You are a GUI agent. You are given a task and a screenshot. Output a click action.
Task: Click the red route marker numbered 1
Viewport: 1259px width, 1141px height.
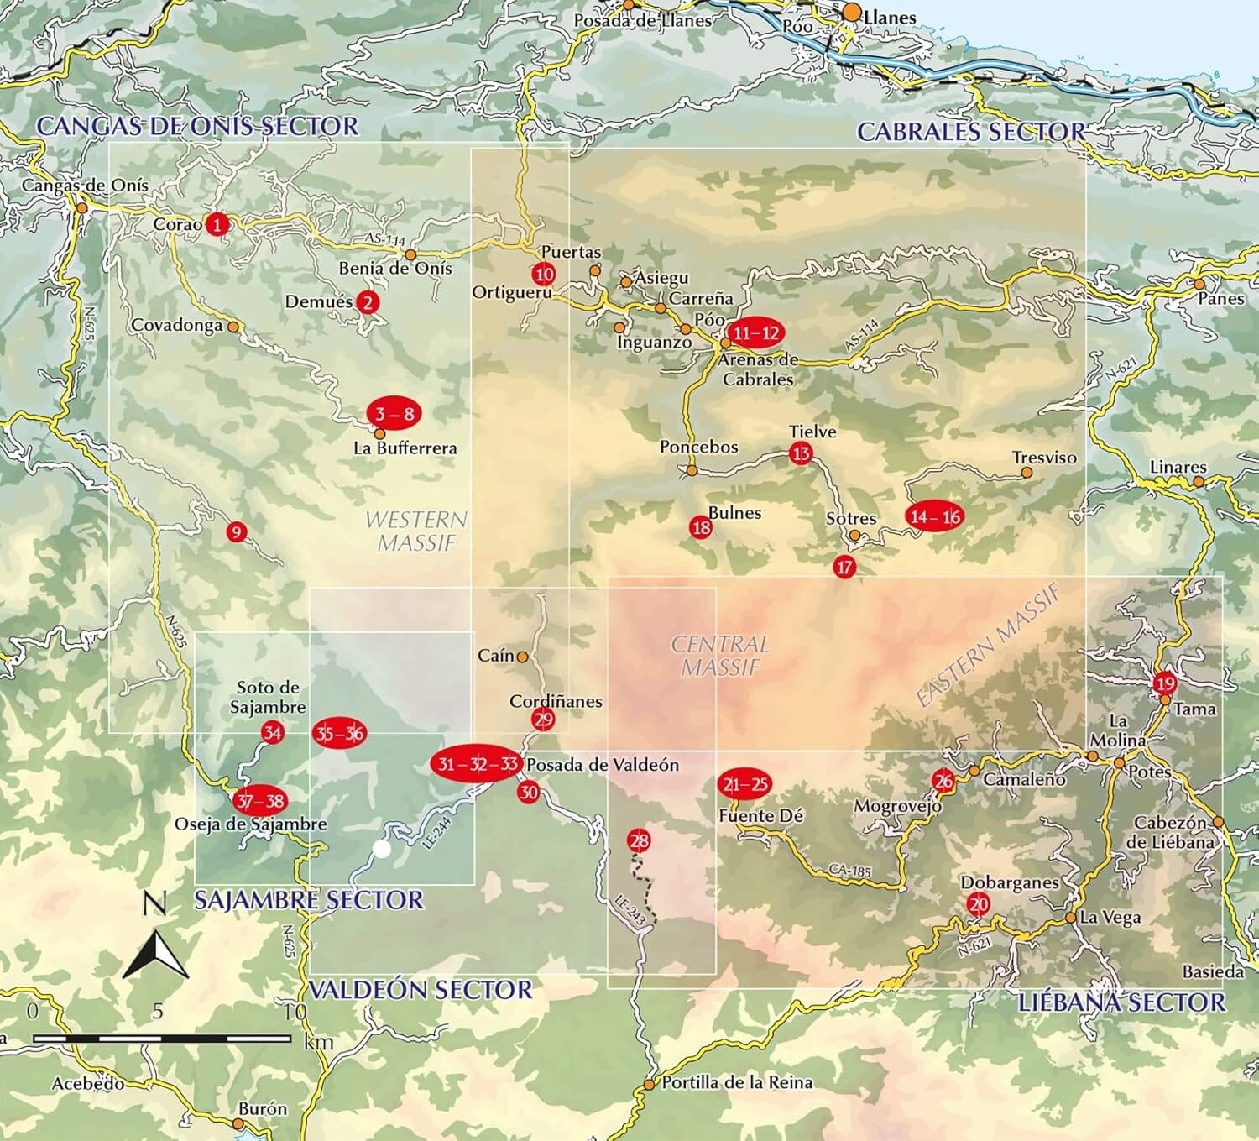217,224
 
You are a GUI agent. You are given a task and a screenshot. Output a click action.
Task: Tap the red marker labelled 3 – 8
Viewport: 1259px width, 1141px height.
394,413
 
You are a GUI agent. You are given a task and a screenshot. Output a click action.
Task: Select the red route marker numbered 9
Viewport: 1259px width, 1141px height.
237,531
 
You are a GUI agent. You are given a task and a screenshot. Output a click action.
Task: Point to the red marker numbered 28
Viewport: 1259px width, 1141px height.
639,840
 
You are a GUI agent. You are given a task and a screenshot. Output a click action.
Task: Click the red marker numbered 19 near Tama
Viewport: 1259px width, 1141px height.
1164,683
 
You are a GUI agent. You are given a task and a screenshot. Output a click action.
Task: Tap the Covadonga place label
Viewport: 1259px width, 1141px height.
177,326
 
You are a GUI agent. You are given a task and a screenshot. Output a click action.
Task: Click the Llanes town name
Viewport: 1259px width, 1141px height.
890,16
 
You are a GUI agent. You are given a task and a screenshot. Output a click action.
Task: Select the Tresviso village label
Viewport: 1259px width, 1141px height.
1043,458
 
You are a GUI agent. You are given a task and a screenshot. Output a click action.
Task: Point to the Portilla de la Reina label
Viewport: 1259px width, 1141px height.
737,1083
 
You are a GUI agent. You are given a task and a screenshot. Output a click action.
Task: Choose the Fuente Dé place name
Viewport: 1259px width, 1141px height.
760,815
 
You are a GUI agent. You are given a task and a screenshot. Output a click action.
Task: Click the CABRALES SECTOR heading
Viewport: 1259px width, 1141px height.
970,132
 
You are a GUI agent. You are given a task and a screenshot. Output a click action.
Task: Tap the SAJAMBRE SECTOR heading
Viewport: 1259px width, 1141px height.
309,900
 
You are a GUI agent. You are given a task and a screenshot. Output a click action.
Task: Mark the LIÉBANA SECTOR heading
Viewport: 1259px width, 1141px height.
1121,1002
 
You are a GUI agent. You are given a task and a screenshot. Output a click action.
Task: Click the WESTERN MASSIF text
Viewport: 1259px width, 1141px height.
416,531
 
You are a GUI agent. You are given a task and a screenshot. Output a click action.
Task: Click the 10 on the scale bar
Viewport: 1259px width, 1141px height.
295,1012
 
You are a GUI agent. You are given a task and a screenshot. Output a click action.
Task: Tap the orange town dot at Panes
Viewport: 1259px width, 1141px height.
1199,284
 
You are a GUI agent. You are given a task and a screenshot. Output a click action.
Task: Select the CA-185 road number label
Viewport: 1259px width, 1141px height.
849,871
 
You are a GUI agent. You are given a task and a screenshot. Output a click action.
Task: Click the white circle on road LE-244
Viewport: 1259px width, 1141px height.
382,849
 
